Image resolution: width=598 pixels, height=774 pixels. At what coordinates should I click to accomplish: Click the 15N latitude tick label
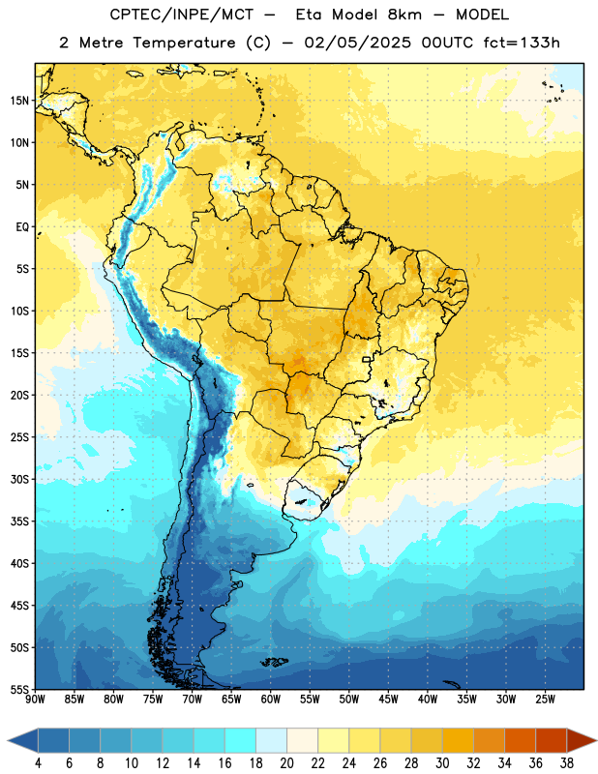19,101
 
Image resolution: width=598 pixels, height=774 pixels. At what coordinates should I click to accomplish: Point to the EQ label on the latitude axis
22,227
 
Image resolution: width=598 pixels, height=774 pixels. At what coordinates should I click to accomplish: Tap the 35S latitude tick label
19,521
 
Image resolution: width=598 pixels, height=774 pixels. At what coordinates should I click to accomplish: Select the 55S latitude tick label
19,689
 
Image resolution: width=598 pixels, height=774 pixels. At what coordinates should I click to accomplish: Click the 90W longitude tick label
35,700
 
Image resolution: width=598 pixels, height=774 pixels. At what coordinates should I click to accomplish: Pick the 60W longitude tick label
271,700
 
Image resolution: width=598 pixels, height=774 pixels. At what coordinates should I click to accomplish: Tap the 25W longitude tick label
545,700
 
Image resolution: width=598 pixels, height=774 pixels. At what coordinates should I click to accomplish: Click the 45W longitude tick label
388,700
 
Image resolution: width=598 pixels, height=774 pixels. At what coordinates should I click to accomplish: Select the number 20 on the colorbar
286,763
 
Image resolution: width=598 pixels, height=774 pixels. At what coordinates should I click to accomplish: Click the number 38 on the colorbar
567,763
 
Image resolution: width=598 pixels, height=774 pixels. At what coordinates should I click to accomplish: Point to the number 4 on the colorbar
38,763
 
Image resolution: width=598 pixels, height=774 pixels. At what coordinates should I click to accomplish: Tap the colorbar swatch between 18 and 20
271,740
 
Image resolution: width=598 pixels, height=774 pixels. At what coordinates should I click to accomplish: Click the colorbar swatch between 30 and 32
458,740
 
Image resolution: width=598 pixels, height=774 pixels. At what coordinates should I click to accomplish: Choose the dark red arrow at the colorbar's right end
581,740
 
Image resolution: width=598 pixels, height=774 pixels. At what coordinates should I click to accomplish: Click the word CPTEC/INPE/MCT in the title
182,15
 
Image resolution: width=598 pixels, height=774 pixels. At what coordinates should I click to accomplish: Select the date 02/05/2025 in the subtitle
357,43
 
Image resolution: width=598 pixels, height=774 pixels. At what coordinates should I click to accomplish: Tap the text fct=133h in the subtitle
522,43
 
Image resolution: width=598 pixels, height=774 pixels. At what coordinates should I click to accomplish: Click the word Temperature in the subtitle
184,43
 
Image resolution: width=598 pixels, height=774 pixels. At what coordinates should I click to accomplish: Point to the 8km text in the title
404,15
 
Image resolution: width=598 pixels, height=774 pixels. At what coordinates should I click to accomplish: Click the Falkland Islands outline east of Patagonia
274,662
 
